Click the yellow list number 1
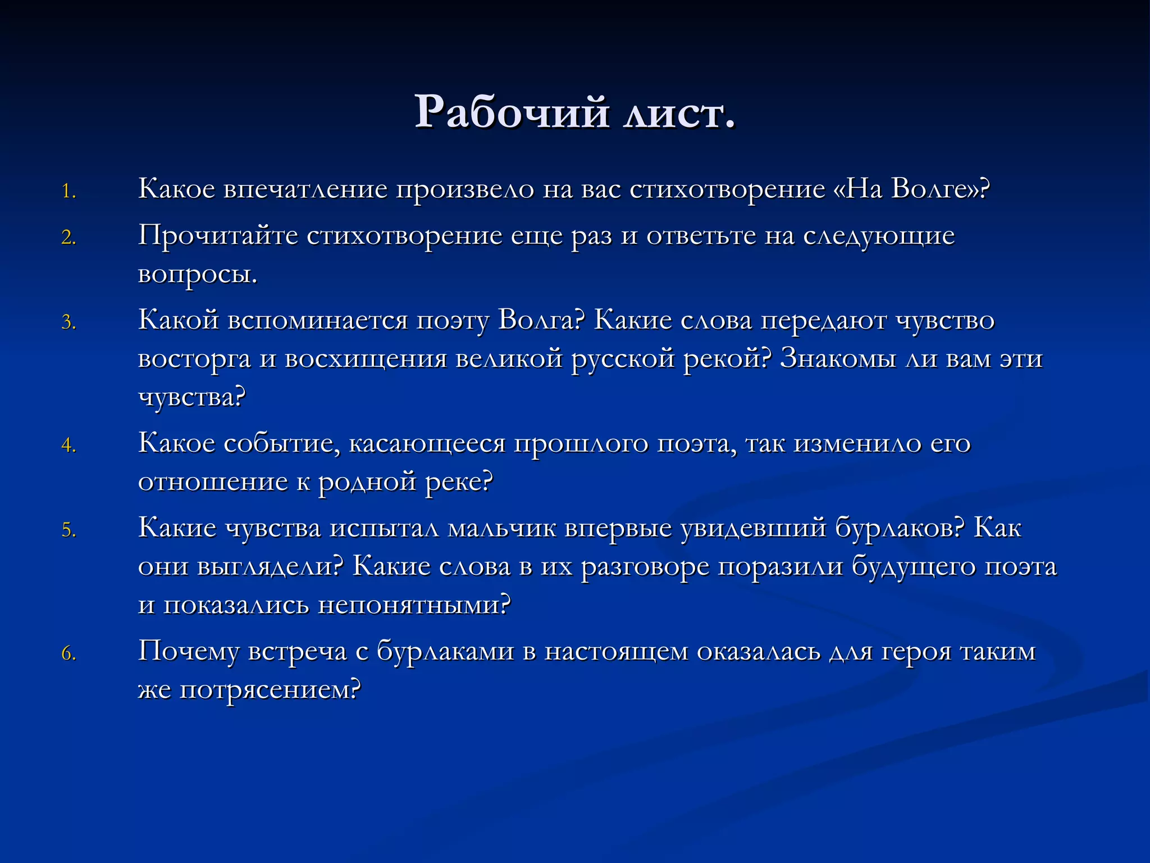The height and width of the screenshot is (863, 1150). (69, 192)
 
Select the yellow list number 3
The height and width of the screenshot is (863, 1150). (69, 323)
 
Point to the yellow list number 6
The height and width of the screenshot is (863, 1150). (69, 654)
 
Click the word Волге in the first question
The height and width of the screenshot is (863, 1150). (932, 189)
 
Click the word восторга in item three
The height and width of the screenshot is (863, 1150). (194, 359)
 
